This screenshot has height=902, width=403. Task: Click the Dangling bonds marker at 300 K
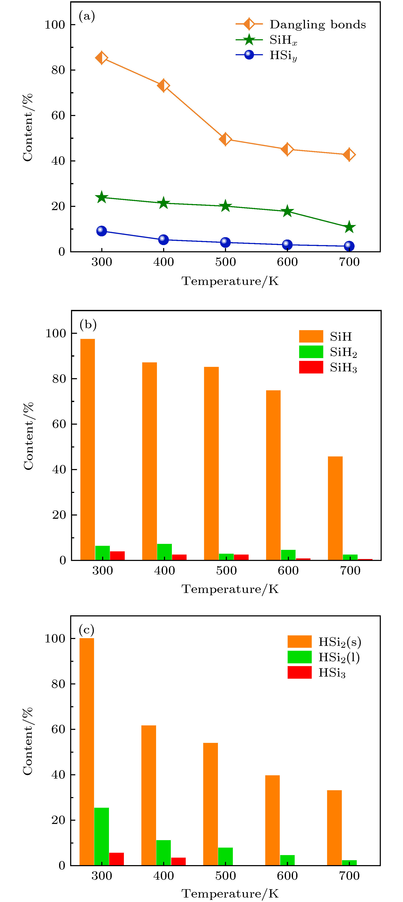101,58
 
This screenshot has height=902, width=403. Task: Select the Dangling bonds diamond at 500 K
225,139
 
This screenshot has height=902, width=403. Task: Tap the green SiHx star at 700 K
349,227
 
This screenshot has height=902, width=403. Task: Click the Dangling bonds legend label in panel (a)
317,25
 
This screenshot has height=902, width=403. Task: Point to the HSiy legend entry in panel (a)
283,55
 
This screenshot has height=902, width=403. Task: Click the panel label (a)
87,16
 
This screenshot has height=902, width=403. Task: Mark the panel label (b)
88,325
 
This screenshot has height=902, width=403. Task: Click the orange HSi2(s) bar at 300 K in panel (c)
87,751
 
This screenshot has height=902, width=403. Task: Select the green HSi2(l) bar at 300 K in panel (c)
101,836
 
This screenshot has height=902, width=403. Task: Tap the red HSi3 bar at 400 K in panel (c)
178,861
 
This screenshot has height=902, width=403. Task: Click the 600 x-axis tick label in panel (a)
287,262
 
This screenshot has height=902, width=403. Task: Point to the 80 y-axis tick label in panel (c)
58,684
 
